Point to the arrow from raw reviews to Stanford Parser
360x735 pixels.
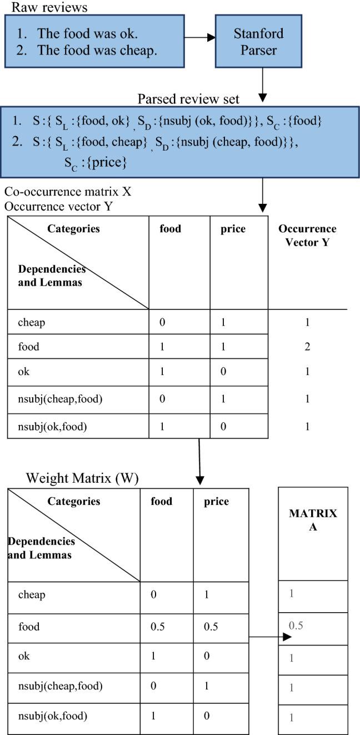[x=200, y=38]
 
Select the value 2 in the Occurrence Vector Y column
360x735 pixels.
[x=308, y=347]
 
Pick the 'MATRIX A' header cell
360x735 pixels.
[x=313, y=520]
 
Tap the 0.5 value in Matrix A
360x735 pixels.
[x=296, y=626]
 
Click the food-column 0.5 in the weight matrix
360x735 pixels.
[x=159, y=627]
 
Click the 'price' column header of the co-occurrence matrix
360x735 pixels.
[x=232, y=229]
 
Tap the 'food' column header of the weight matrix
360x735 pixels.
[x=162, y=502]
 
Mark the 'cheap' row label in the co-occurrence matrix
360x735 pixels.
[x=31, y=322]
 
